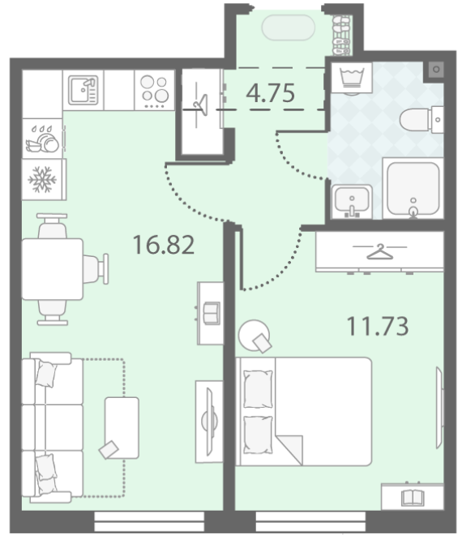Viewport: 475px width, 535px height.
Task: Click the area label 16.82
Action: tap(164, 245)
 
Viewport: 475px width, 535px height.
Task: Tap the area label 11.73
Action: tap(378, 326)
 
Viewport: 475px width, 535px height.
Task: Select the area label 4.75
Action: tap(270, 92)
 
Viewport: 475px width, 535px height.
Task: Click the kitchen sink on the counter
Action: tap(83, 90)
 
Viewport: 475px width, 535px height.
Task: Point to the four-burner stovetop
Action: tap(155, 91)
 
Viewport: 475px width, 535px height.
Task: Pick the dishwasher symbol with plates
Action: tap(42, 139)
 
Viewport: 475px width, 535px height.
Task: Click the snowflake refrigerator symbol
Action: tap(42, 179)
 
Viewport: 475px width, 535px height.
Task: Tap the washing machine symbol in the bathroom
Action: tap(352, 78)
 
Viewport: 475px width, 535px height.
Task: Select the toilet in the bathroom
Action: tap(422, 119)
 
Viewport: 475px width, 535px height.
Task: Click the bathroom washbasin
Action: tap(352, 202)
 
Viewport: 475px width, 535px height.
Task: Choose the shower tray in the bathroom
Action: tap(413, 188)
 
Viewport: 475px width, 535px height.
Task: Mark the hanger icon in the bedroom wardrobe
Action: tap(379, 251)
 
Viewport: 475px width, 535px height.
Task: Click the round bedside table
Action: tap(254, 335)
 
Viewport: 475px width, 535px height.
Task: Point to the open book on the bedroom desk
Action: tap(413, 498)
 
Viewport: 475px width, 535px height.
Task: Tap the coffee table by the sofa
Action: tap(122, 428)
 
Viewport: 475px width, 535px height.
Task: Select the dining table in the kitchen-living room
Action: tap(52, 269)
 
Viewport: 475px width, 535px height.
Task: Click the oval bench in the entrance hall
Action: tap(288, 28)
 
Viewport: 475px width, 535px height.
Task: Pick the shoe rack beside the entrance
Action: tap(341, 35)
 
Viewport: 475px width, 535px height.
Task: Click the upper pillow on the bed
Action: tap(258, 389)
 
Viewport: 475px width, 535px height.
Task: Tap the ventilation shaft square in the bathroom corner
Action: tap(436, 70)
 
